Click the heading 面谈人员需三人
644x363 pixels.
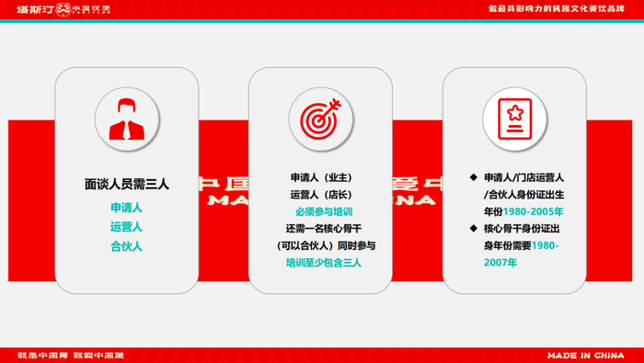click(x=126, y=184)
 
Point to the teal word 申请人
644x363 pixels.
click(x=126, y=208)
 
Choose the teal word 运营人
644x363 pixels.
click(x=126, y=227)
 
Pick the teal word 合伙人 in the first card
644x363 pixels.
click(x=126, y=246)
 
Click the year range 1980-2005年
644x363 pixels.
click(x=540, y=210)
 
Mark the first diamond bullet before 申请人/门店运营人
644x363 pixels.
click(x=473, y=176)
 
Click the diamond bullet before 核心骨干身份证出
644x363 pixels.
click(x=473, y=228)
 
